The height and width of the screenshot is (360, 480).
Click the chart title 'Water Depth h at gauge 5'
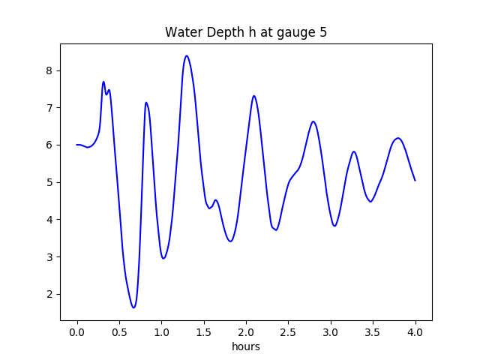tap(246, 32)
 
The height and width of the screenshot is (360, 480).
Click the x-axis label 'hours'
tap(246, 347)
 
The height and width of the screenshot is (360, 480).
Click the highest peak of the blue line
tap(187, 55)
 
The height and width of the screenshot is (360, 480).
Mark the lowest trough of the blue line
tap(133, 307)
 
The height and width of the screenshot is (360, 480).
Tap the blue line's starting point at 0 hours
tap(77, 145)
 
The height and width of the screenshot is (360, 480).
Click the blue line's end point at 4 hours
tap(415, 180)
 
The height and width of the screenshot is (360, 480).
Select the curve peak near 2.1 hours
tap(254, 96)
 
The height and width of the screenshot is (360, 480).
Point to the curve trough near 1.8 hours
tap(230, 241)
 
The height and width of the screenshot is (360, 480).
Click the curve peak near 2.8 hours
tap(313, 121)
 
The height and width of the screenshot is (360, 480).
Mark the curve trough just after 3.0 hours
tap(334, 226)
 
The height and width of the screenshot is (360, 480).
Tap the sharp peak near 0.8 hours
tap(146, 103)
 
